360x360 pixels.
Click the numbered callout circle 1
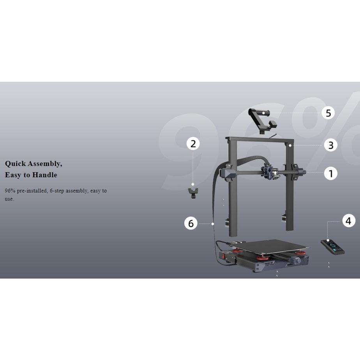tap(331, 173)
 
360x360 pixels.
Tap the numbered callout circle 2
tap(193, 144)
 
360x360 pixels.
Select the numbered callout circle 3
tap(331, 145)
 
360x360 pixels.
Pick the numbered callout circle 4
tap(349, 221)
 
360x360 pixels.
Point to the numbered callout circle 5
tap(328, 113)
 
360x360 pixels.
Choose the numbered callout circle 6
tap(191, 223)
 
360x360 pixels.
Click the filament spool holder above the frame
tap(262, 120)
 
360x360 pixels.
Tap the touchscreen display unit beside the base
tap(332, 246)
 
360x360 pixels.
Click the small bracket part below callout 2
tap(193, 193)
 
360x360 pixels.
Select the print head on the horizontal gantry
tap(269, 172)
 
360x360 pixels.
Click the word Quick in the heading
tap(15, 164)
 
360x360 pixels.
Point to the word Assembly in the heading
tap(45, 164)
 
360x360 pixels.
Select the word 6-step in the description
tap(57, 191)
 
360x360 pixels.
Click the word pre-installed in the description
tap(32, 191)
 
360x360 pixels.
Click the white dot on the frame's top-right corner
tap(290, 146)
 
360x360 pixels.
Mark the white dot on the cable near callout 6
tap(213, 224)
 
